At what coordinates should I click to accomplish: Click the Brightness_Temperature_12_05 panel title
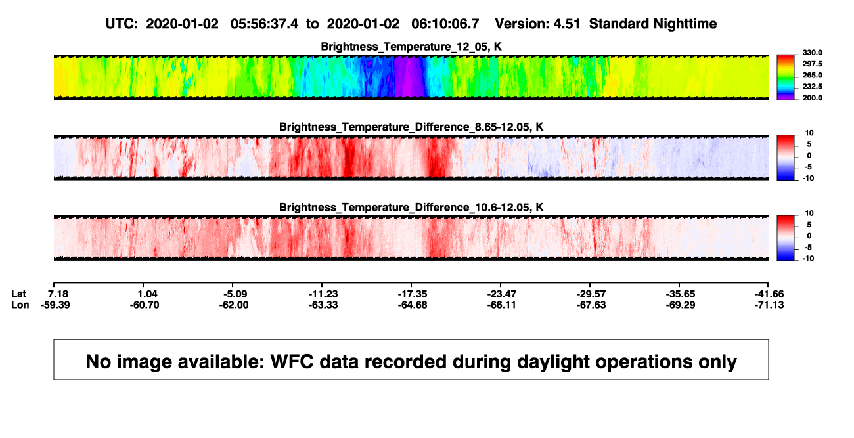point(411,47)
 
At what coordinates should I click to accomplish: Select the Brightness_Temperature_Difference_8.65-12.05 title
point(411,127)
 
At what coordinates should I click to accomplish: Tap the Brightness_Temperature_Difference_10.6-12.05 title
point(411,208)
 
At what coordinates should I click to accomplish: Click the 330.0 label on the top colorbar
point(812,53)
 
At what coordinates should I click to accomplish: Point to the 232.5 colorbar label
point(812,87)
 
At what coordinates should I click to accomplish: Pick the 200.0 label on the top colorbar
point(812,98)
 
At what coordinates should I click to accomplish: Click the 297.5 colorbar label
point(812,64)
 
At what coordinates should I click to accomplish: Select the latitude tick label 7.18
point(58,294)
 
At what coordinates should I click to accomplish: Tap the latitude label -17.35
point(413,294)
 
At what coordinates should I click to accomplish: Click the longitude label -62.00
point(234,305)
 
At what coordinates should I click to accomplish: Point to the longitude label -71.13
point(769,305)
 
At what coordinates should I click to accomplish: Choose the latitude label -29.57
point(591,294)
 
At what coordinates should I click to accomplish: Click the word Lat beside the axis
point(18,294)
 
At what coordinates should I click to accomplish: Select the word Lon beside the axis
point(20,305)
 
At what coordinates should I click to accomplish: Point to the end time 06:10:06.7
point(445,24)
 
